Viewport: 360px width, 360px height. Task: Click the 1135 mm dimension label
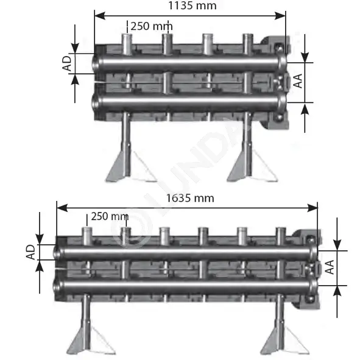tap(192, 5)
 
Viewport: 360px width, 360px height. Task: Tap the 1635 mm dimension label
tap(190, 198)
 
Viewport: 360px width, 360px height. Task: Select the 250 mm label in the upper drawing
tap(152, 26)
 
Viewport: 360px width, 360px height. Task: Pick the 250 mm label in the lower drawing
tap(110, 216)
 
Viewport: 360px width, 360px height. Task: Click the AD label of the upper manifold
tap(67, 63)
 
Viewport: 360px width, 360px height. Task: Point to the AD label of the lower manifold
tap(30, 252)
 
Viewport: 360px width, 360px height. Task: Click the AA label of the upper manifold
tap(298, 81)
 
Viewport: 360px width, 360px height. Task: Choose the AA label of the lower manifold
tap(330, 267)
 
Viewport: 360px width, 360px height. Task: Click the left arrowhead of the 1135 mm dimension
tap(100, 16)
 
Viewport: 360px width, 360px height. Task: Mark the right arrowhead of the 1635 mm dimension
tap(312, 208)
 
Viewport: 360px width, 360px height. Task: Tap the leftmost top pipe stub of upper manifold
tap(127, 44)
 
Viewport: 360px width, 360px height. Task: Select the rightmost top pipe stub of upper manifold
tap(248, 44)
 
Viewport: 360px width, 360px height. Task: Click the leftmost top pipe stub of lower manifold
tap(87, 236)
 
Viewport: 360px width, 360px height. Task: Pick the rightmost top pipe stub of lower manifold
tap(281, 236)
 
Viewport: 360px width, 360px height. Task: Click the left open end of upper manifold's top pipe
tap(95, 63)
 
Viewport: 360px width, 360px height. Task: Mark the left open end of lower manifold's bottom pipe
tap(57, 286)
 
